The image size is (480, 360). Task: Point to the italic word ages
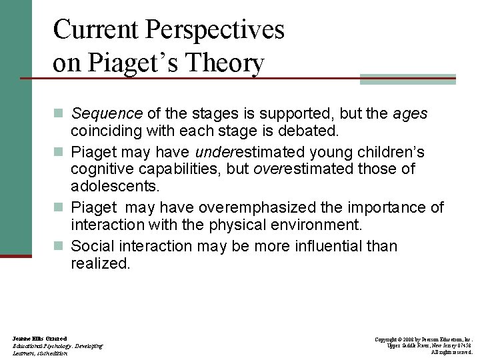pos(411,114)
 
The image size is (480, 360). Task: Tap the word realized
pos(100,264)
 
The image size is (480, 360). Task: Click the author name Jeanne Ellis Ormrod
pos(39,339)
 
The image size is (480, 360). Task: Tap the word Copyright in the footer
pos(387,339)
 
